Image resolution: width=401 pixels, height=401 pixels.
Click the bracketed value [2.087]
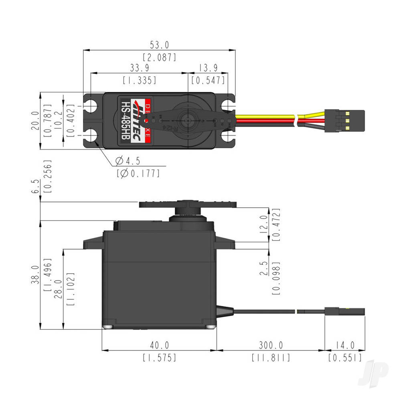160,57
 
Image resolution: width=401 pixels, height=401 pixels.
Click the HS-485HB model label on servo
125,120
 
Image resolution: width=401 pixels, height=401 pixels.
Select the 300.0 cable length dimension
271,345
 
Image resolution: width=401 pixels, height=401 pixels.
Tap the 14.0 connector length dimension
344,345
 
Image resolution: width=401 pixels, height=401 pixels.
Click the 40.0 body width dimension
159,345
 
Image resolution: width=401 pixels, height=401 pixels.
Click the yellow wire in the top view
265,117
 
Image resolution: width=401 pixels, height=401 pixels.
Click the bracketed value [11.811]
271,357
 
